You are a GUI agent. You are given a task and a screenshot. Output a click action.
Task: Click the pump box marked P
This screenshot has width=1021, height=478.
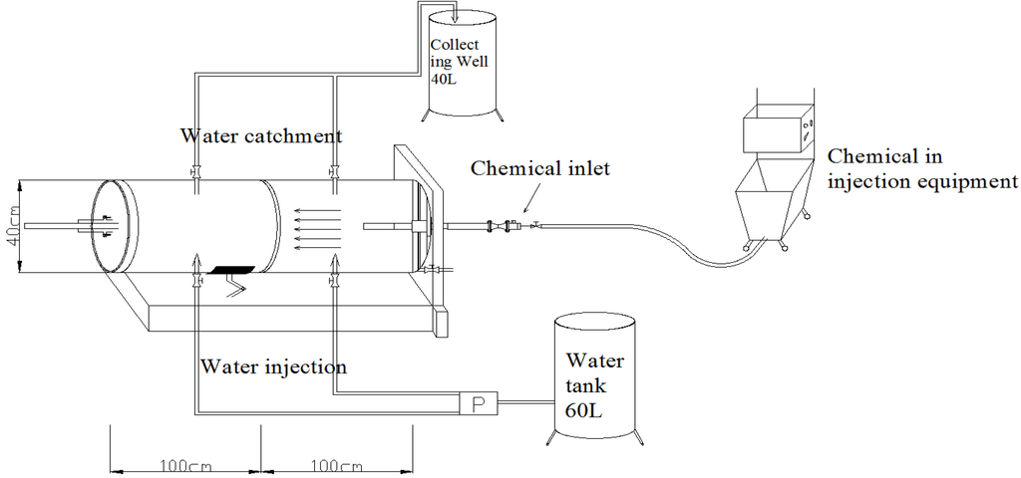(x=477, y=403)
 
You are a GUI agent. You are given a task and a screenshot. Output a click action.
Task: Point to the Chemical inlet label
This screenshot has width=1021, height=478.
(x=539, y=167)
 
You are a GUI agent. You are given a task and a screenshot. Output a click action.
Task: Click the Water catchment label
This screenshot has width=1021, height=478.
(x=261, y=134)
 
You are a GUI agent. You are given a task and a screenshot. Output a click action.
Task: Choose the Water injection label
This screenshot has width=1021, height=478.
(x=272, y=366)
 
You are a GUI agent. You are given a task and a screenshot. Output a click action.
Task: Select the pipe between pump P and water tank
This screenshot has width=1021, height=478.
(x=522, y=403)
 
